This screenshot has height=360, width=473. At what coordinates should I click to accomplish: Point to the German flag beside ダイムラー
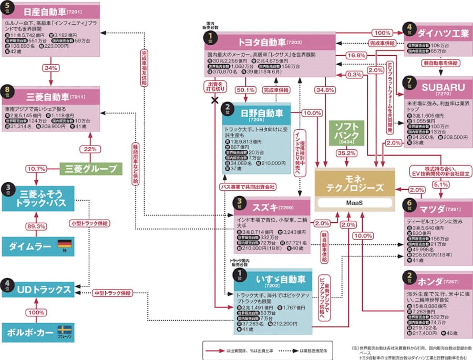point(64,244)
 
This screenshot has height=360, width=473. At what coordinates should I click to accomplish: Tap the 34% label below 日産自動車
point(50,68)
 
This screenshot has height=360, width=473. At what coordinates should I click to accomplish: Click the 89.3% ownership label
point(36,226)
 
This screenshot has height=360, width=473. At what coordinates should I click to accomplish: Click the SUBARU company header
point(440,87)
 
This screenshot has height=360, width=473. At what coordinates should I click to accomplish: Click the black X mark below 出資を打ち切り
point(215,100)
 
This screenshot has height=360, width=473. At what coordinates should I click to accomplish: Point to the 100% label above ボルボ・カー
point(36,312)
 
